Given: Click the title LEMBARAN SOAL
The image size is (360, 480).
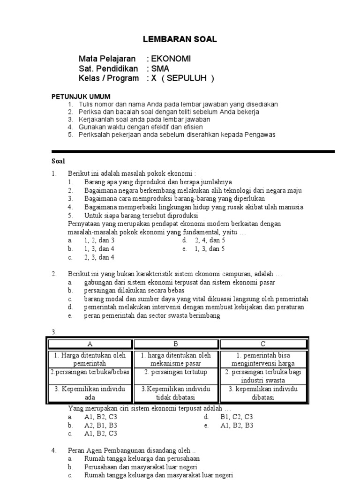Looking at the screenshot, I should [x=180, y=40].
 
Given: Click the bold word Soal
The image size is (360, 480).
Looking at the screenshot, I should [x=58, y=161].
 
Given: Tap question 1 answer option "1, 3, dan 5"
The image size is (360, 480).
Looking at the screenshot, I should [x=210, y=249].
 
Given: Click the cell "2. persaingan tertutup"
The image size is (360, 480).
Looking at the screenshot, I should [x=176, y=372].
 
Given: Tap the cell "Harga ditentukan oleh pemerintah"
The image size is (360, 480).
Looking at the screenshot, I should [x=90, y=359].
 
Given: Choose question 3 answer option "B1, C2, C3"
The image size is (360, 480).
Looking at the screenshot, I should [x=236, y=416].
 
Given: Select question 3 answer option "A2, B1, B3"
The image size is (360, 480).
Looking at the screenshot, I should [x=100, y=425].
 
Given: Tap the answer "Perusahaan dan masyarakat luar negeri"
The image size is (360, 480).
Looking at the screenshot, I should [x=141, y=467].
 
